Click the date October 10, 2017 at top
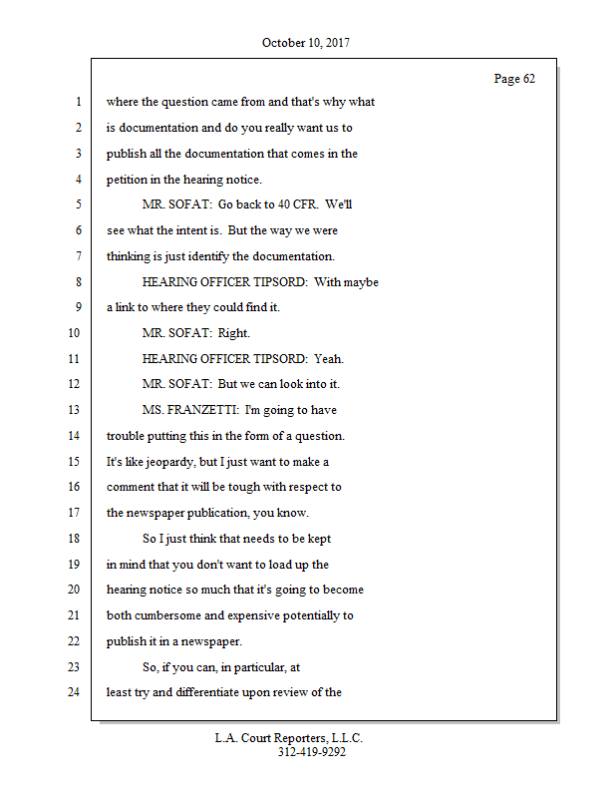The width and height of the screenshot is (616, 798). point(306,43)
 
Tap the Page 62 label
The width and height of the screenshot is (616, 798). point(514,79)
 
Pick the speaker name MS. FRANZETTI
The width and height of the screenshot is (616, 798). point(190,410)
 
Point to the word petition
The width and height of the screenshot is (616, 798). point(129,180)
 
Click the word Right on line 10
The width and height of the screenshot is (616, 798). point(233,333)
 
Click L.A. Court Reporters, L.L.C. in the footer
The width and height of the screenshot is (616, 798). point(289,738)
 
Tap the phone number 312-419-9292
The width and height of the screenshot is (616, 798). point(312,752)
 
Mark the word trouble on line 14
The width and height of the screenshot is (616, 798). point(128,436)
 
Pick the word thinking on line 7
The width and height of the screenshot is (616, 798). point(133,256)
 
